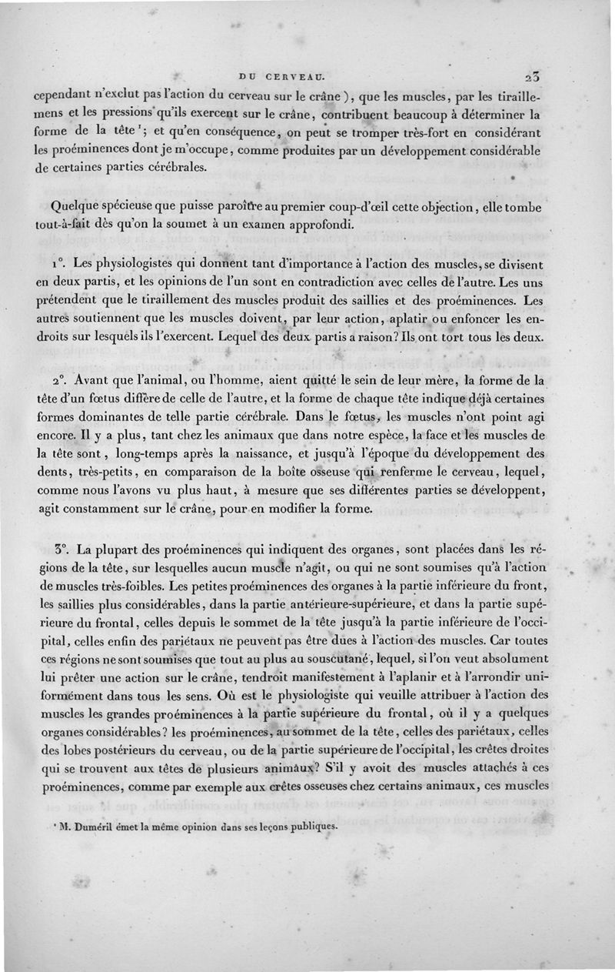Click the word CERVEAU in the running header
pos(296,76)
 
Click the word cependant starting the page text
pos(70,96)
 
